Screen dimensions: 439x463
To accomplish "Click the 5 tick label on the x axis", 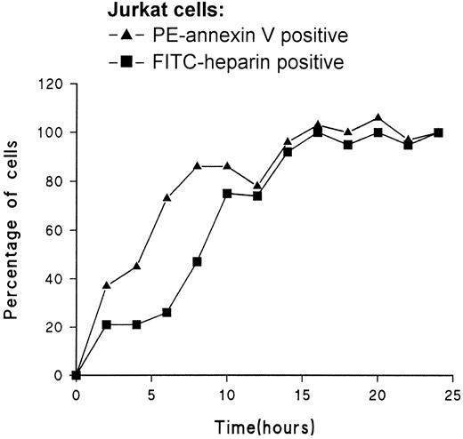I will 151,394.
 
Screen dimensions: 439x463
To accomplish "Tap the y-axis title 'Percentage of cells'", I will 13,228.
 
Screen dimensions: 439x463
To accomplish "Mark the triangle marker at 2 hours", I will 107,285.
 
